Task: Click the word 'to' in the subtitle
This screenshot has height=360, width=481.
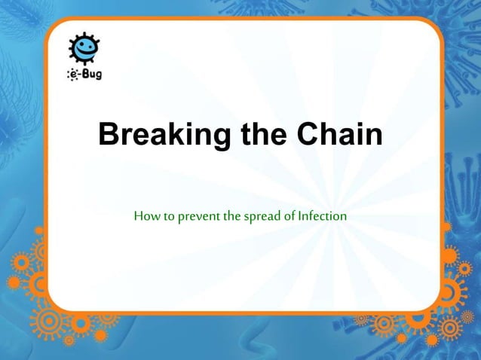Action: pyautogui.click(x=165, y=216)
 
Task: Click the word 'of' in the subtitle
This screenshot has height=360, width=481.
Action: pyautogui.click(x=289, y=216)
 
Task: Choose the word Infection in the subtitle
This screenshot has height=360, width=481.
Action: pyautogui.click(x=322, y=216)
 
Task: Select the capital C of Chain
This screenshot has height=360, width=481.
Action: pyautogui.click(x=309, y=136)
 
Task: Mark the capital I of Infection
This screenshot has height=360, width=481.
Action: pyautogui.click(x=300, y=216)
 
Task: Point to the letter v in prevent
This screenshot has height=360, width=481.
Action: pyautogui.click(x=193, y=217)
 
